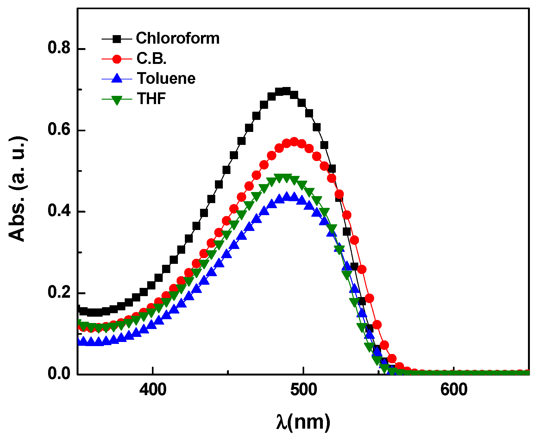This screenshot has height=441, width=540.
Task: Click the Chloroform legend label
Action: pyautogui.click(x=178, y=38)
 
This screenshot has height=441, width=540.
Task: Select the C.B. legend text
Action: pyautogui.click(x=151, y=59)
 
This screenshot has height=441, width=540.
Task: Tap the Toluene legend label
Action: pyautogui.click(x=166, y=78)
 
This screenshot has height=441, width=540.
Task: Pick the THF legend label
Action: pyautogui.click(x=151, y=99)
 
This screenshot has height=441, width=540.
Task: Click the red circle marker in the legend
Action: pyautogui.click(x=117, y=59)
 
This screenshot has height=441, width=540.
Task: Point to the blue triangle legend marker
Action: pyautogui.click(x=117, y=78)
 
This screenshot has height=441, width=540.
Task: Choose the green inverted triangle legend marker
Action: pyautogui.click(x=117, y=100)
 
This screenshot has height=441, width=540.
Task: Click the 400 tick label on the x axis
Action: pyautogui.click(x=153, y=390)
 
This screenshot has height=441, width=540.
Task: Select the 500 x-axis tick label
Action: pyautogui.click(x=303, y=390)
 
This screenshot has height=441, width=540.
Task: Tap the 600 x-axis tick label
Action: pyautogui.click(x=454, y=390)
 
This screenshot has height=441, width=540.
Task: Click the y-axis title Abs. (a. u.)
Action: pyautogui.click(x=17, y=189)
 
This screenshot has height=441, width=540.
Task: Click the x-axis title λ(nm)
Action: pyautogui.click(x=303, y=422)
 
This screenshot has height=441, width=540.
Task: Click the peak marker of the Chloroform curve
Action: pyautogui.click(x=286, y=91)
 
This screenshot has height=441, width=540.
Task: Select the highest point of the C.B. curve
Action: pyautogui.click(x=294, y=142)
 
